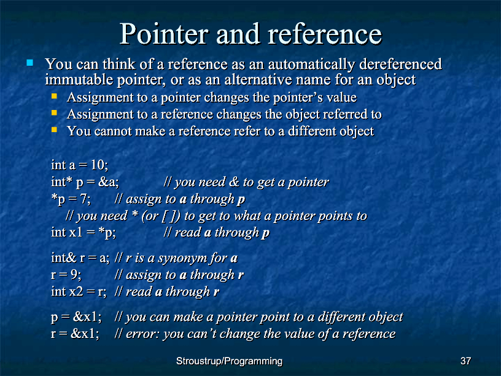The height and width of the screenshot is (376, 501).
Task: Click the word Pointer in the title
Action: pos(164,34)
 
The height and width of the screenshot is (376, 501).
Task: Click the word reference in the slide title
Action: pos(325,34)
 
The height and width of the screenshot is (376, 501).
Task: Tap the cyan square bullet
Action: pos(30,62)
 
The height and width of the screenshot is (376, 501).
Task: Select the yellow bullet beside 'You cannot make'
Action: pos(54,130)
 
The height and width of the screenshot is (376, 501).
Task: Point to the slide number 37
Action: pos(465,361)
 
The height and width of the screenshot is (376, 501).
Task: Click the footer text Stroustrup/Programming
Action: pos(230,361)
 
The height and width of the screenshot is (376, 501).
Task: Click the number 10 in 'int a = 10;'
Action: pos(98,165)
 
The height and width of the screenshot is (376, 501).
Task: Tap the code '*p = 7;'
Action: pos(71,199)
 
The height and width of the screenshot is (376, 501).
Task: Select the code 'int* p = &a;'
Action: pos(85,182)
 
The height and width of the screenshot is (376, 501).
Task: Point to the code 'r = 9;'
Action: pos(66,275)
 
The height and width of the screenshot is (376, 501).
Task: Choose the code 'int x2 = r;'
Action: pos(79,292)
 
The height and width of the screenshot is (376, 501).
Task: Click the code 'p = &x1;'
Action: pos(76,317)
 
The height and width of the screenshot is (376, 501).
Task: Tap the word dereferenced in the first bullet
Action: pos(401,64)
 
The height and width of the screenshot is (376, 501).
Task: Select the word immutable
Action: pos(79,80)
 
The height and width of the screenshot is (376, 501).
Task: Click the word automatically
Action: pos(311,65)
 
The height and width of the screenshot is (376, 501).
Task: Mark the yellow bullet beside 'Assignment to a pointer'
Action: pos(54,96)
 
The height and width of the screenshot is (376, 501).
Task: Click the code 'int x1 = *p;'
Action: pos(83,232)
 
